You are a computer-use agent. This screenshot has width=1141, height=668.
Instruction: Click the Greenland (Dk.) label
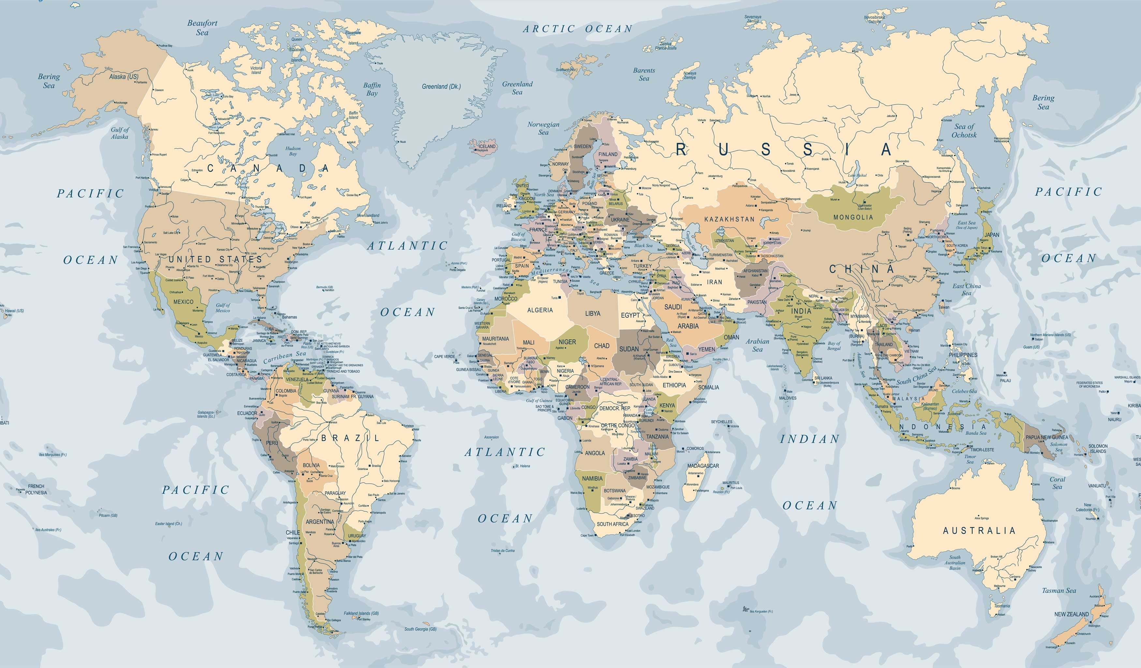(x=441, y=86)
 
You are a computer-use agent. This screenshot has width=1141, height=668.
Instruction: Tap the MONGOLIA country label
(x=853, y=217)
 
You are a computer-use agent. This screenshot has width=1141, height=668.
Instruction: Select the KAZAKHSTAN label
(x=730, y=219)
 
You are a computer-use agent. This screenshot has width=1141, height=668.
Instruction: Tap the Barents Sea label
(x=644, y=74)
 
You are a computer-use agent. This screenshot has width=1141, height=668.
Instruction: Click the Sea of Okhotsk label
(x=964, y=131)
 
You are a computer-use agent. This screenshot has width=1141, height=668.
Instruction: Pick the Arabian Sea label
(x=758, y=345)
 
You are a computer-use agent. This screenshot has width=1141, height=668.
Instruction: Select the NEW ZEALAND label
(x=1071, y=614)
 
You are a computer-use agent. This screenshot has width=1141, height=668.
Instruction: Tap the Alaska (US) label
(x=124, y=77)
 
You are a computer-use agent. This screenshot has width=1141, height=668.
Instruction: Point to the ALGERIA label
(x=540, y=310)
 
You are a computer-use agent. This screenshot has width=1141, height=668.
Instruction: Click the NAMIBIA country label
(x=592, y=478)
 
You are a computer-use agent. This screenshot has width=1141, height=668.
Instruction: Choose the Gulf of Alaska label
(x=120, y=133)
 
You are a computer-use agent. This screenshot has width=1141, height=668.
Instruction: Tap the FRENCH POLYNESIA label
(x=36, y=489)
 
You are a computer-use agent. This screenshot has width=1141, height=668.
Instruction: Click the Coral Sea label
(x=1057, y=483)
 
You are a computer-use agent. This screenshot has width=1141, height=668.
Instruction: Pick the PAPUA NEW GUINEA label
(x=1046, y=437)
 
